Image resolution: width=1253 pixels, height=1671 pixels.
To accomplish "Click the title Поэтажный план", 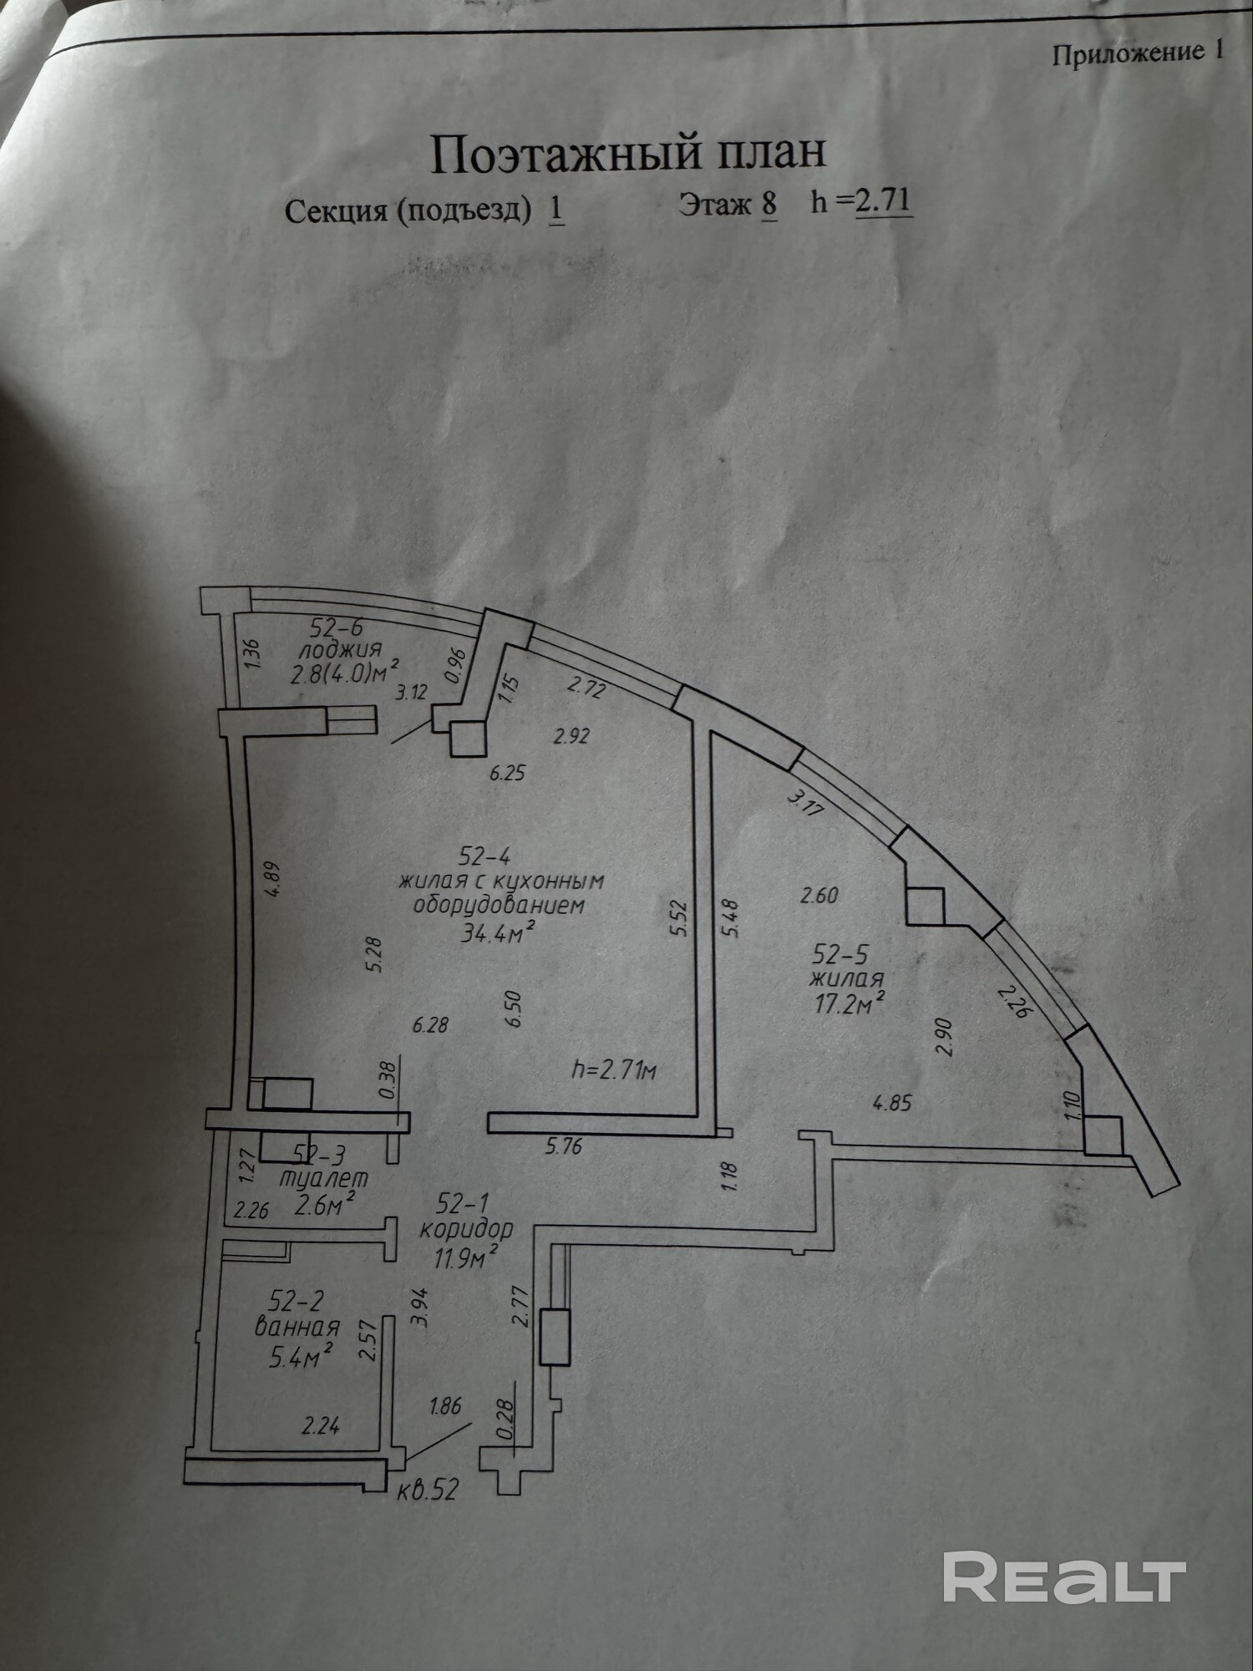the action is (628, 153).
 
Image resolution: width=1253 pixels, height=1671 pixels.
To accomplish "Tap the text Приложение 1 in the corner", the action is (1138, 53).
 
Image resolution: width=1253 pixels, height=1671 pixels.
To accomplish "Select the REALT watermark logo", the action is (1065, 1577).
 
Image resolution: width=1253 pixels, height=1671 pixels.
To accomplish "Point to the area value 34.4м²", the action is (499, 931).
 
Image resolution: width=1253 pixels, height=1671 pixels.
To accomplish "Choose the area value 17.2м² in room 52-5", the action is (850, 1003).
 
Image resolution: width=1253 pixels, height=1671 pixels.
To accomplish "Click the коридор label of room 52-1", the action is (466, 1229).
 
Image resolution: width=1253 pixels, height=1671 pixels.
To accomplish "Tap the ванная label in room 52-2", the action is (297, 1327).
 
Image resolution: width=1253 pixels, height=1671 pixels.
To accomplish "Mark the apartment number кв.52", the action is (428, 1490).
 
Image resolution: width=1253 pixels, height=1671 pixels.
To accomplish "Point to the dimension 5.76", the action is (564, 1146).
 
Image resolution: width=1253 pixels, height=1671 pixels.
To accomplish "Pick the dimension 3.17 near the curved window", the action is (805, 804).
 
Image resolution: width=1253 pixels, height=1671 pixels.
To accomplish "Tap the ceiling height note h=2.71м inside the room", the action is (614, 1069).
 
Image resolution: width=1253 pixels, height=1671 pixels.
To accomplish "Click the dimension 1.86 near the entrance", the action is (445, 1406).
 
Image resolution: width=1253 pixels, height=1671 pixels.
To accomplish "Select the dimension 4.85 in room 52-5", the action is (892, 1103).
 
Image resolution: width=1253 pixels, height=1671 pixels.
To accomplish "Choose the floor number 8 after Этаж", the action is (769, 203).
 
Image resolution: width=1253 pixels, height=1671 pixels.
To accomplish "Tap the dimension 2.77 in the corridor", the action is (521, 1307).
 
